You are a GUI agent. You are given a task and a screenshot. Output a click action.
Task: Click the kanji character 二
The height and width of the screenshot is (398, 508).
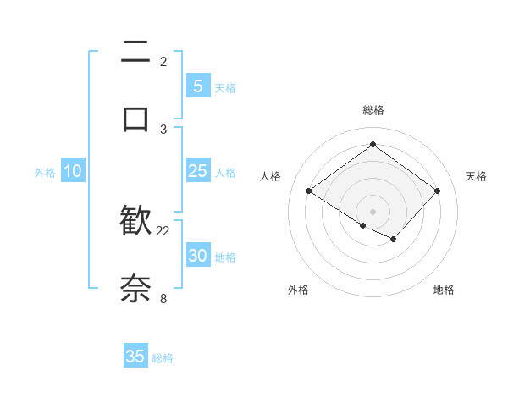click(135, 53)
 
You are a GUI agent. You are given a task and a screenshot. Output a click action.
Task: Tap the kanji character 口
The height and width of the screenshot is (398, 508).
click(135, 118)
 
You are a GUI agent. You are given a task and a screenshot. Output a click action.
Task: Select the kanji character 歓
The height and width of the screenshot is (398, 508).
click(135, 221)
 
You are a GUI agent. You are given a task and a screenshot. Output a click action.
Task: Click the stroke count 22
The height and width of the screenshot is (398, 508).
click(163, 230)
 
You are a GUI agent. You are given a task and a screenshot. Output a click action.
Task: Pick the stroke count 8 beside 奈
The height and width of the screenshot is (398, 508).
click(163, 297)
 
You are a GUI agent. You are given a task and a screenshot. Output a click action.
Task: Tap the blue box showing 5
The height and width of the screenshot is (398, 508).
click(197, 86)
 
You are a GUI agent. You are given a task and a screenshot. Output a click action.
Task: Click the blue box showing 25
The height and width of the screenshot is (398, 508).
click(197, 171)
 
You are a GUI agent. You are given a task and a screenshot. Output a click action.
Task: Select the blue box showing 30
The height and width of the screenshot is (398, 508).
click(197, 256)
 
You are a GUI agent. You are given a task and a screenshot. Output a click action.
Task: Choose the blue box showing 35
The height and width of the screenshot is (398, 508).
click(135, 357)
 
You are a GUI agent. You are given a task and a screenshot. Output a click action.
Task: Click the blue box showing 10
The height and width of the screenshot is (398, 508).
click(73, 171)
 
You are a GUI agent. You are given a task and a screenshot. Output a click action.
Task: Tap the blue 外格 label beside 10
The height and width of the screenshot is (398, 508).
click(45, 173)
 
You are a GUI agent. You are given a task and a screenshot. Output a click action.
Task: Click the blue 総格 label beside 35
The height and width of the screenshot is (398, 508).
click(163, 358)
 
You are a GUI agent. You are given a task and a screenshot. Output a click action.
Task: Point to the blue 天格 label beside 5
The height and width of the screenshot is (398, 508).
click(224, 88)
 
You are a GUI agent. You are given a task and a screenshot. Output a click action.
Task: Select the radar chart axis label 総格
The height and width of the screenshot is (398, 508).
click(373, 110)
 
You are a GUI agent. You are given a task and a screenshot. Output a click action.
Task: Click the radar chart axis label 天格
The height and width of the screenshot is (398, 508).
click(476, 176)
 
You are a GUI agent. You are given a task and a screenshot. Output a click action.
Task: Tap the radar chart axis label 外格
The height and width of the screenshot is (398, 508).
click(298, 290)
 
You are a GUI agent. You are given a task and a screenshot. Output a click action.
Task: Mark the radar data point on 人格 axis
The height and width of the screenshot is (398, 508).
click(309, 191)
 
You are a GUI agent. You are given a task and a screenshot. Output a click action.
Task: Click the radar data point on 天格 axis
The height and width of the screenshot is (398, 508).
click(437, 191)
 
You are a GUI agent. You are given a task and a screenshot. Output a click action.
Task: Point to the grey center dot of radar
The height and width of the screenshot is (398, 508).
click(373, 211)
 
